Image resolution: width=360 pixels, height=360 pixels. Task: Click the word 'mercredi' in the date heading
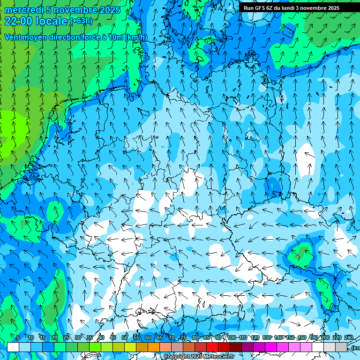point(24,10)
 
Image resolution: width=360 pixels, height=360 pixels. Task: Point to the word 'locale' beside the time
point(52,21)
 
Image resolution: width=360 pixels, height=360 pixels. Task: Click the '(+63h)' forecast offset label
point(81,21)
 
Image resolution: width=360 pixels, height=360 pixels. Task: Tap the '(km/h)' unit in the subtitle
point(136,37)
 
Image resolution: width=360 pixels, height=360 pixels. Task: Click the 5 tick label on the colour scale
point(18,338)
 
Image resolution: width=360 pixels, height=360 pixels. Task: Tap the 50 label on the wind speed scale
point(125,338)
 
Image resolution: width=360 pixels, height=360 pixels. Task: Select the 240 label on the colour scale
point(348,338)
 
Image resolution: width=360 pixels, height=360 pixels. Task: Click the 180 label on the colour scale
point(313,338)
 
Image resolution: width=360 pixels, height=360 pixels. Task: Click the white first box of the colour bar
point(13,347)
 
